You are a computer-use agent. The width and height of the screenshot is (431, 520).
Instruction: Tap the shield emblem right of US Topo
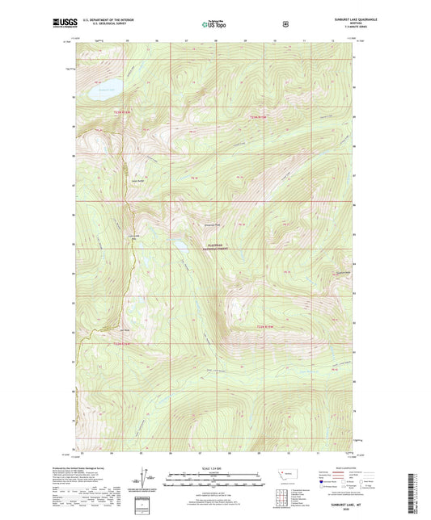tap(285, 24)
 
